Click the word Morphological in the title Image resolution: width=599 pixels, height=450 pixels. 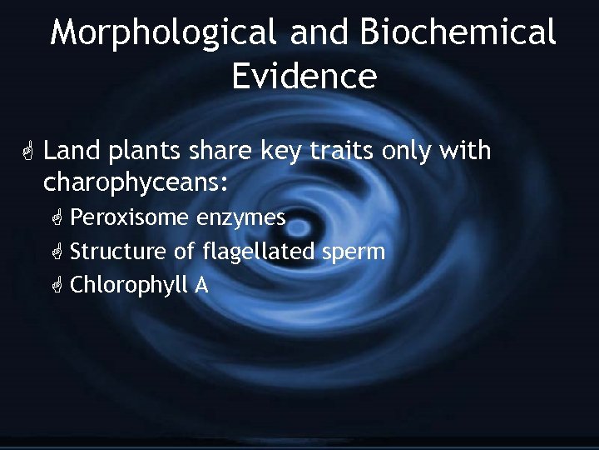click(x=162, y=33)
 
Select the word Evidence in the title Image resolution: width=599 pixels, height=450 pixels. click(x=304, y=76)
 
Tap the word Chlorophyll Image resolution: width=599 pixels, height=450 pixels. click(x=129, y=286)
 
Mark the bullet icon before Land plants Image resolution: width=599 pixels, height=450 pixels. click(x=27, y=152)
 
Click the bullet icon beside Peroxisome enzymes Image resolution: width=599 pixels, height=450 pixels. click(x=57, y=219)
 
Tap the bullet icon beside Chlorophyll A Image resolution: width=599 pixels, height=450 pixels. click(x=57, y=286)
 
